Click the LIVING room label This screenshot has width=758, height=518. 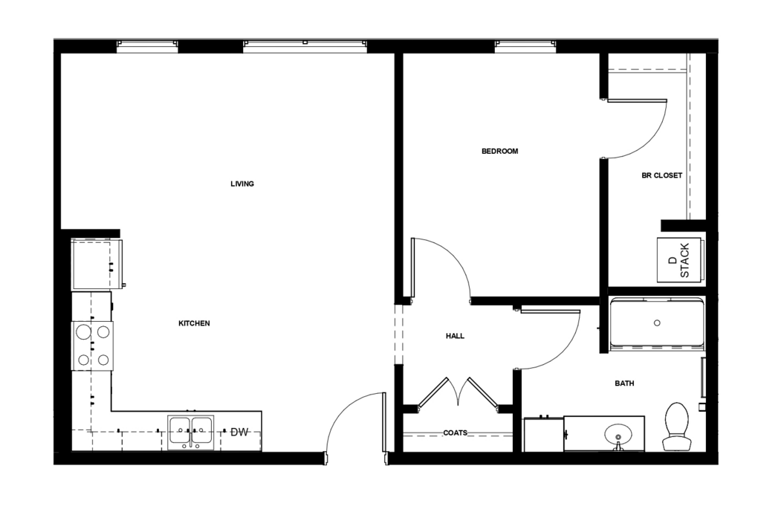(242, 184)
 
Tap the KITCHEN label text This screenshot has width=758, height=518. (195, 323)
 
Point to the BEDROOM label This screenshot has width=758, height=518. (500, 151)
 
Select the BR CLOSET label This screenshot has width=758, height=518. (662, 175)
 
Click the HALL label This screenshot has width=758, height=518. (455, 336)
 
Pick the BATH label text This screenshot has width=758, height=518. (624, 383)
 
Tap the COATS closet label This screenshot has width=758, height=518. (456, 433)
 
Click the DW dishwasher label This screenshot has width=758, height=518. (239, 432)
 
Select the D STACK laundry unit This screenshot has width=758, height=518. (680, 260)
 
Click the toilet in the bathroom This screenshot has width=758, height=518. (677, 427)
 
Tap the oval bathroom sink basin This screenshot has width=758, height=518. (618, 433)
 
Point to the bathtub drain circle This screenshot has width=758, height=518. (657, 323)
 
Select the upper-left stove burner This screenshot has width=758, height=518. (84, 332)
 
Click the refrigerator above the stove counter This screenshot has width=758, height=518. (97, 264)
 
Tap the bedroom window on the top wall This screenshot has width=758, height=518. (525, 46)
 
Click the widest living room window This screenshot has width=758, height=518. (305, 46)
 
